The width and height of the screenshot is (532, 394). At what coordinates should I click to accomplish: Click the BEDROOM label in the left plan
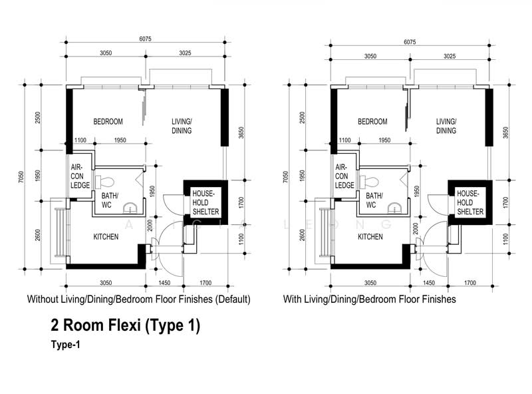[108, 122]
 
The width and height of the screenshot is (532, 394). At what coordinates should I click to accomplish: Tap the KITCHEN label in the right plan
[370, 237]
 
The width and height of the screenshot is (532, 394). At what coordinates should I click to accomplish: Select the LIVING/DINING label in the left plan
[182, 126]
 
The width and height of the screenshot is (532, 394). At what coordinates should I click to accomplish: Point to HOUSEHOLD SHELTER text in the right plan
[470, 202]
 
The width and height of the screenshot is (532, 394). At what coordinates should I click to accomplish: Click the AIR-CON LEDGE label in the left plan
[80, 176]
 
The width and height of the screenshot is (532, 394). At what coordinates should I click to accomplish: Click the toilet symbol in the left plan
[104, 182]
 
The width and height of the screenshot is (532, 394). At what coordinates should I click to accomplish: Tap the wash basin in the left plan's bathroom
[129, 208]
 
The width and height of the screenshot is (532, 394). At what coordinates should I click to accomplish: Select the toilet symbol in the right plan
[369, 182]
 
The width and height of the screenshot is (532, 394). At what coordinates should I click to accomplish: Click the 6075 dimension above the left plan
[145, 39]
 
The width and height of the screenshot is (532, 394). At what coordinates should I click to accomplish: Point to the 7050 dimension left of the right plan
[286, 176]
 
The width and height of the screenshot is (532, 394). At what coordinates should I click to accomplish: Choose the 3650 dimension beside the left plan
[241, 133]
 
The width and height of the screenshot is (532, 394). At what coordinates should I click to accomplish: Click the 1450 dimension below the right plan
[429, 283]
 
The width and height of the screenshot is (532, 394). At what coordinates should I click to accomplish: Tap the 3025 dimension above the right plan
[450, 56]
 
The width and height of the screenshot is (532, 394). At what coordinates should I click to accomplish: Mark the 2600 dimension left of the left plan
[38, 235]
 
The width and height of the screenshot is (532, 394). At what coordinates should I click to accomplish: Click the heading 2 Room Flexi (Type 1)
[126, 325]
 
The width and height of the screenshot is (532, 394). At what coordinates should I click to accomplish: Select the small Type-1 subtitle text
[66, 345]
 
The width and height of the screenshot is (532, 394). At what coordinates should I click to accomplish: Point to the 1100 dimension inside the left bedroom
[80, 140]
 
